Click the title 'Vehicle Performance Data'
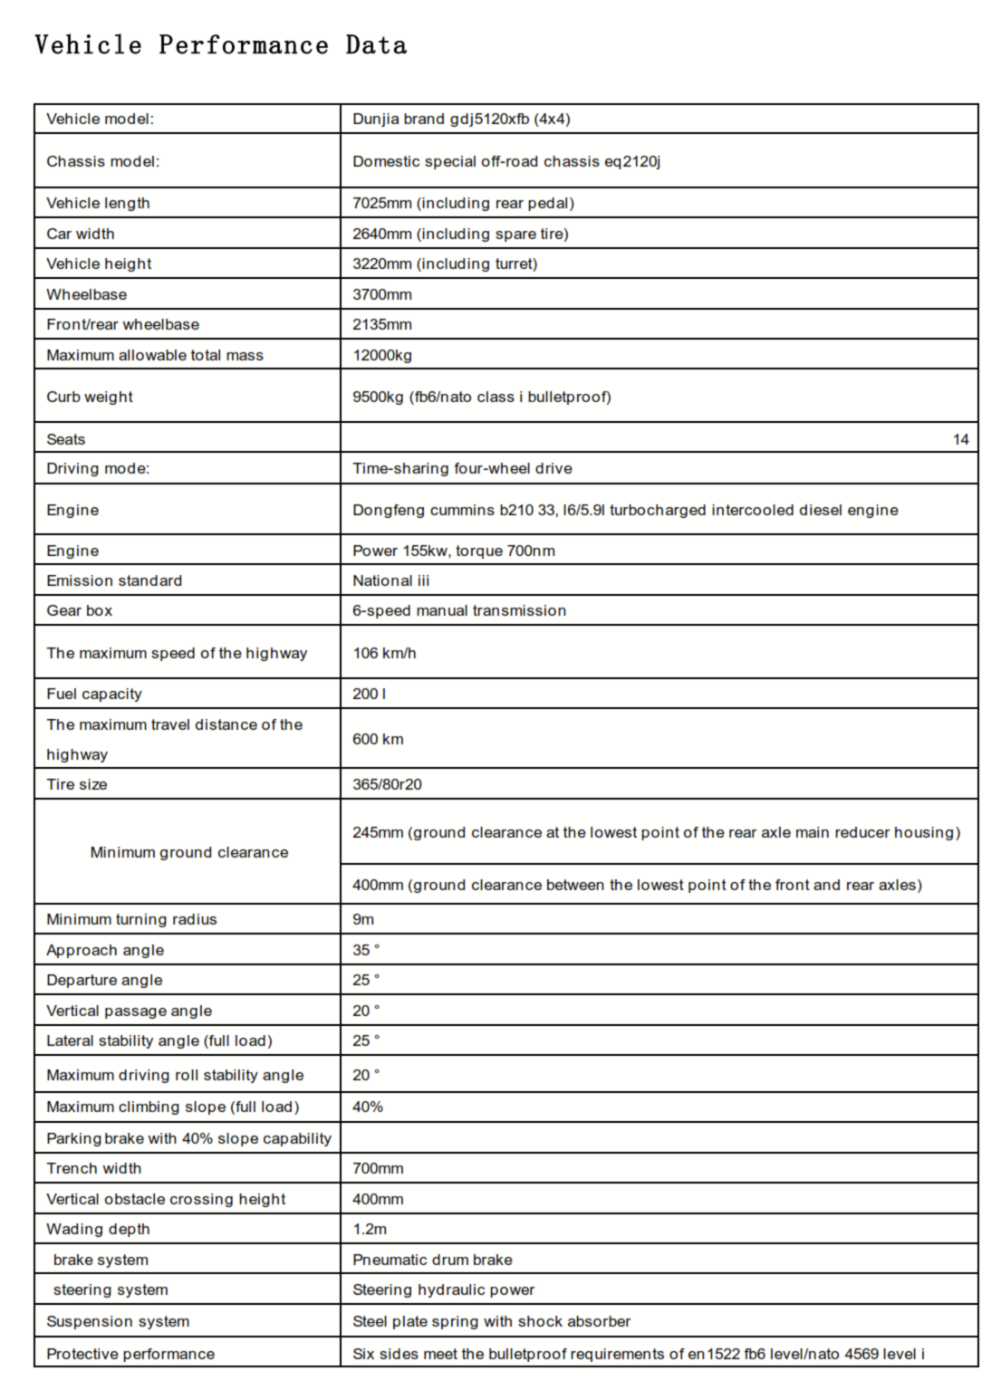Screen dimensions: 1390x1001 pos(220,45)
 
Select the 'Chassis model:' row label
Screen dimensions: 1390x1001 pos(102,161)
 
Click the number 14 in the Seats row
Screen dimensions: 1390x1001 pos(960,439)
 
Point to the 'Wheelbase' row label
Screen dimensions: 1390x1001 pos(86,294)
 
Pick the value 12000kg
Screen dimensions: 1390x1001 pos(382,355)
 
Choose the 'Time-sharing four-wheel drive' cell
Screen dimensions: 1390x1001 pos(462,468)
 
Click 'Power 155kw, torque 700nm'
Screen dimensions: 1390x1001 pos(453,551)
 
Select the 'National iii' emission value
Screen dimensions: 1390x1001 pos(390,580)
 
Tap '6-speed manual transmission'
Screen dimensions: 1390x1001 pos(458,610)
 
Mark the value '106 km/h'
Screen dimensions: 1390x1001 pos(384,653)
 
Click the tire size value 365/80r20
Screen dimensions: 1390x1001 pos(387,784)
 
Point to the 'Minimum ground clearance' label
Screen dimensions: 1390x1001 pos(188,852)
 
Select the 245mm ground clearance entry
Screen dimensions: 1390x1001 pos(655,832)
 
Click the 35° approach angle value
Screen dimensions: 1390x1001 pos(366,950)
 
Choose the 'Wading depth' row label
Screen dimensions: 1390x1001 pos(98,1229)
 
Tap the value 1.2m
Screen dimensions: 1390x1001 pos(370,1229)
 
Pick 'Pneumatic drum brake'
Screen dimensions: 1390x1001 pos(432,1260)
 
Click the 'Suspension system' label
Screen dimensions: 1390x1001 pos(118,1321)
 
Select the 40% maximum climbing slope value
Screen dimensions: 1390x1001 pos(368,1107)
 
